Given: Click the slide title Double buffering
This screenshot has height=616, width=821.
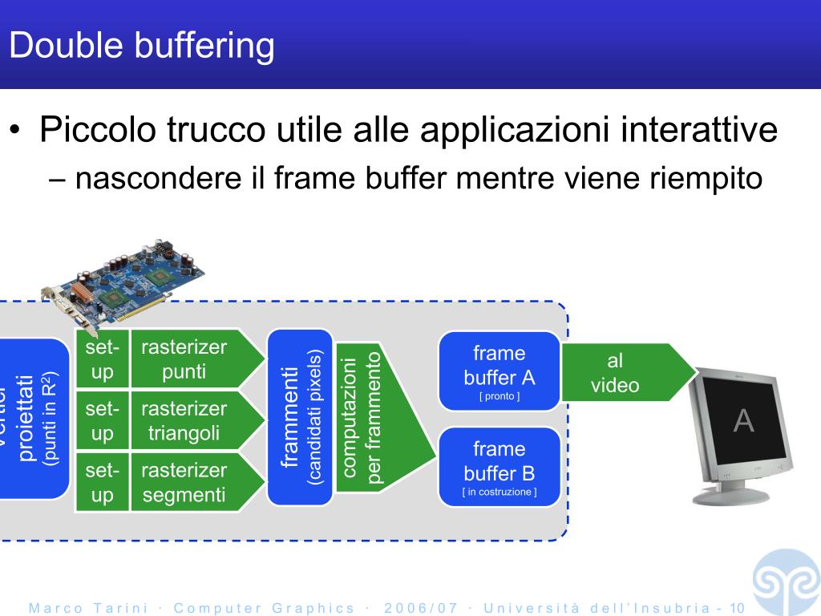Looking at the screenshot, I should click(x=142, y=46).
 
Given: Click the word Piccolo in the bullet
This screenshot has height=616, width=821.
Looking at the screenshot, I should click(x=96, y=130).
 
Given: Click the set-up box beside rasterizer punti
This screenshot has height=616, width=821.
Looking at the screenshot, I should click(x=102, y=359).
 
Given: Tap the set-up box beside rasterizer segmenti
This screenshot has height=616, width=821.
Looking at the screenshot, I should click(x=102, y=483).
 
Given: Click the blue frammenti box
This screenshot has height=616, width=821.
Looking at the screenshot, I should click(x=300, y=417).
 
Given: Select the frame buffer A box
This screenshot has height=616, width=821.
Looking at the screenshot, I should click(x=499, y=371).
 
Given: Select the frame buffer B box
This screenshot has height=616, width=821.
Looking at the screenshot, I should click(x=499, y=467).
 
